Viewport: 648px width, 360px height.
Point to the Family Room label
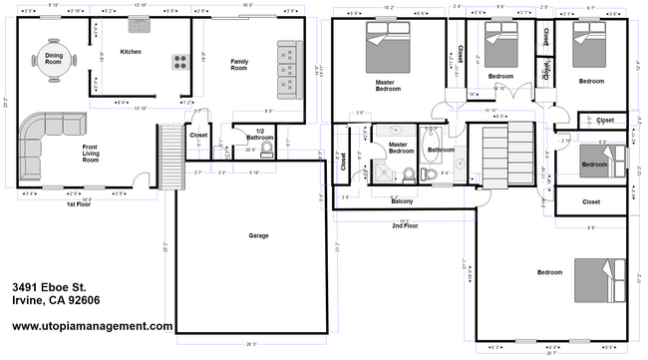239,64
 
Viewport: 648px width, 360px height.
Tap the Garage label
258,236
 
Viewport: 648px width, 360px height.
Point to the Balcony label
402,200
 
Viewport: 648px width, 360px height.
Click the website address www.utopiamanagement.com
93,325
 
